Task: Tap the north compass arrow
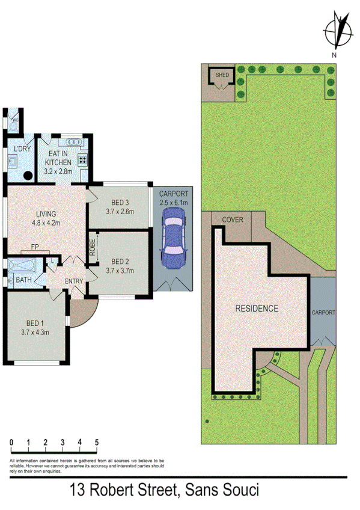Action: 338,32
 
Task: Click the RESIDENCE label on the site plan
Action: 257,309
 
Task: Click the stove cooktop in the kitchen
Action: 82,160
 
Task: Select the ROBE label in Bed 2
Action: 93,248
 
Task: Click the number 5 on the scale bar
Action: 97,443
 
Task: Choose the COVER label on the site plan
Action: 233,220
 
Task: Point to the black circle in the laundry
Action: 27,176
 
